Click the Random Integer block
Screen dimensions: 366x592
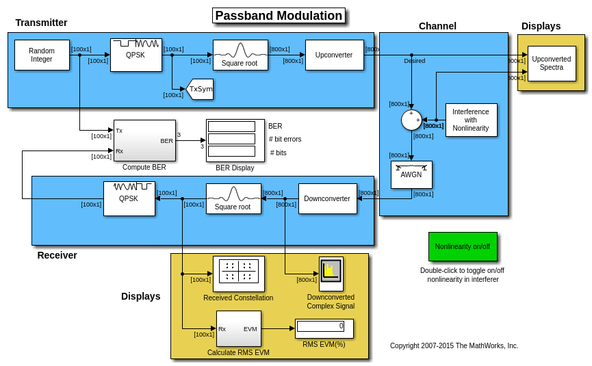(x=42, y=55)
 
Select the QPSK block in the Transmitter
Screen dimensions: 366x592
(x=136, y=55)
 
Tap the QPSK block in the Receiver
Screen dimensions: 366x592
(x=129, y=198)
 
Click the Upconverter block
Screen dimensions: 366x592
(x=334, y=55)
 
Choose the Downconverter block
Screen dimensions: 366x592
(x=327, y=198)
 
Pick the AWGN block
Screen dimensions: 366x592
(x=411, y=174)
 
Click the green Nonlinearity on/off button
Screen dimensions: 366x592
(x=463, y=246)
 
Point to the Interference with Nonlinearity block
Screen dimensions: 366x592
(x=471, y=120)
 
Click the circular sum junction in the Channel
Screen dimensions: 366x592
(x=411, y=120)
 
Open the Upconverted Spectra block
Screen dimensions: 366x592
(x=551, y=63)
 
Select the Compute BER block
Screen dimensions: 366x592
(x=144, y=140)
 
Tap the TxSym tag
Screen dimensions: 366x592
(x=200, y=89)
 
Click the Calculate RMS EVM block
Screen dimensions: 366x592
(x=238, y=328)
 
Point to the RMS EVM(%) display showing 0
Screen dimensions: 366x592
(x=324, y=328)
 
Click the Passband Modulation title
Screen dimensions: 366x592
(x=279, y=16)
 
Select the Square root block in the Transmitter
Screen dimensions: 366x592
(x=240, y=55)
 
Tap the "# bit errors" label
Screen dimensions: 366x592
(x=285, y=140)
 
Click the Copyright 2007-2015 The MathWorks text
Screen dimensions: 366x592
(x=454, y=346)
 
